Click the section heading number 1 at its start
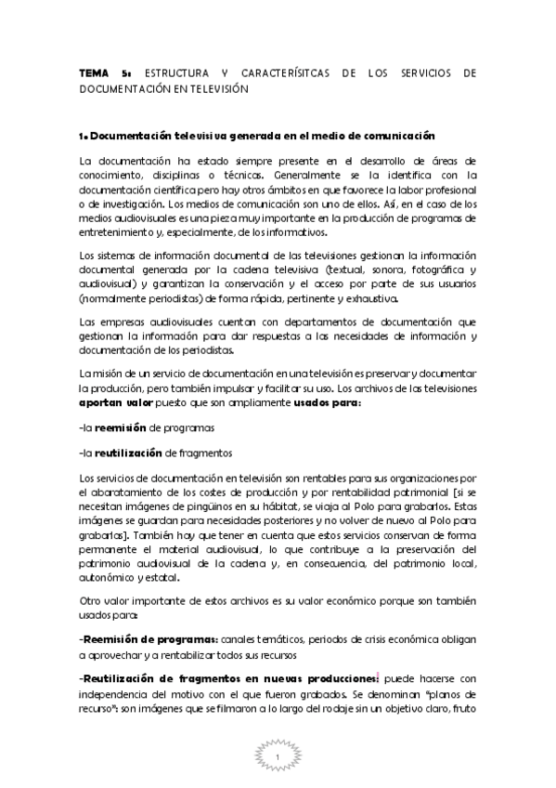(x=83, y=136)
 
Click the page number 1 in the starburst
(x=278, y=759)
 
